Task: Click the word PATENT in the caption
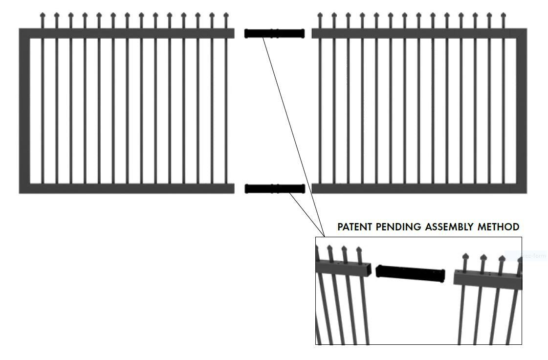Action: click(x=354, y=227)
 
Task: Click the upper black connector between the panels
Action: click(x=274, y=34)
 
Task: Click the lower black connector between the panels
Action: click(x=274, y=189)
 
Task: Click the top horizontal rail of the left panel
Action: click(x=127, y=33)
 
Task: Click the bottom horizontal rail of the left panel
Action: click(x=127, y=188)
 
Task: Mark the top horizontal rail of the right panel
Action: click(x=416, y=33)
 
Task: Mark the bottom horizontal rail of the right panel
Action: click(x=416, y=188)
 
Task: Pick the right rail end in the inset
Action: click(x=486, y=279)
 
